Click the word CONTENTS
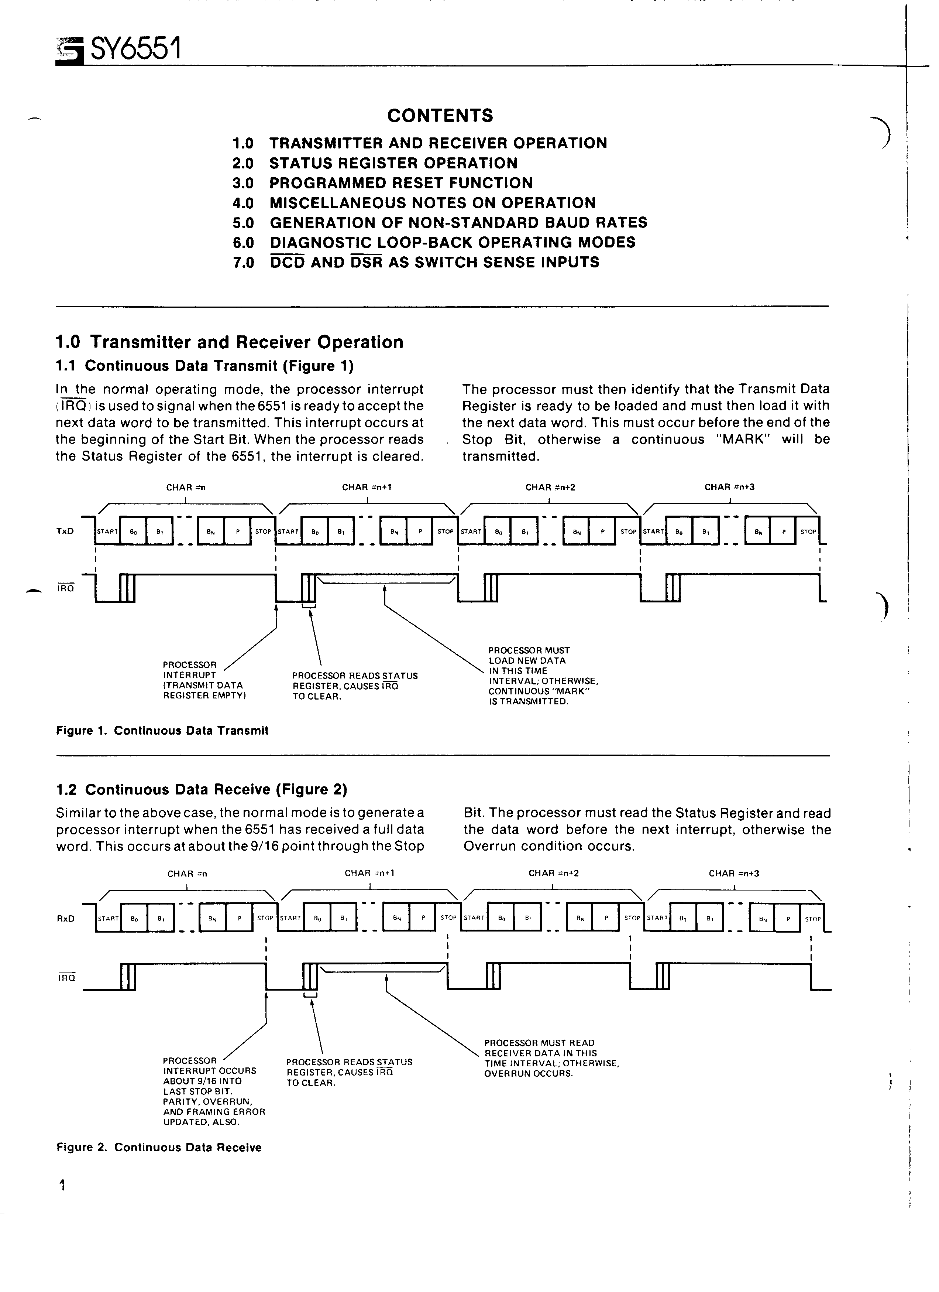click(x=440, y=116)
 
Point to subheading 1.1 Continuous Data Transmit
click(x=205, y=366)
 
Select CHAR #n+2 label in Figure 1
click(x=546, y=487)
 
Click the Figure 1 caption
click(x=162, y=730)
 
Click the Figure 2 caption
click(x=159, y=1147)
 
